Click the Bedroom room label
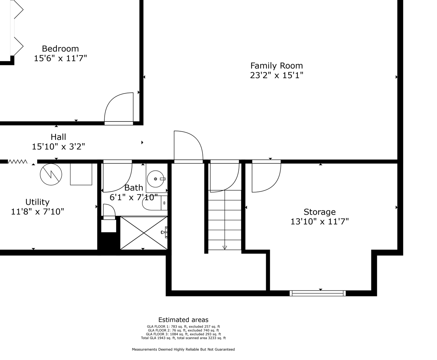click(60, 49)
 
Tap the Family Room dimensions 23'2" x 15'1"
click(276, 75)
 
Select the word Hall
click(58, 137)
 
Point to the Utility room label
click(37, 202)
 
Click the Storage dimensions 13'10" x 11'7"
click(320, 222)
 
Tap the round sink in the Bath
click(155, 179)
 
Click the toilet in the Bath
click(155, 203)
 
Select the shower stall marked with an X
click(144, 233)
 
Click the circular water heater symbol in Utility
click(51, 174)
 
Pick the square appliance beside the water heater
click(81, 174)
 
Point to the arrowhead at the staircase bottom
click(224, 248)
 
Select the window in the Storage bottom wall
click(317, 293)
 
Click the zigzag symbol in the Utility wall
click(18, 162)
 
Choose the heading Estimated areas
click(183, 320)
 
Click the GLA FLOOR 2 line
click(183, 331)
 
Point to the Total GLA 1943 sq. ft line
click(183, 338)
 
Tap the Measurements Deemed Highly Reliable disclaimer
click(183, 349)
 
